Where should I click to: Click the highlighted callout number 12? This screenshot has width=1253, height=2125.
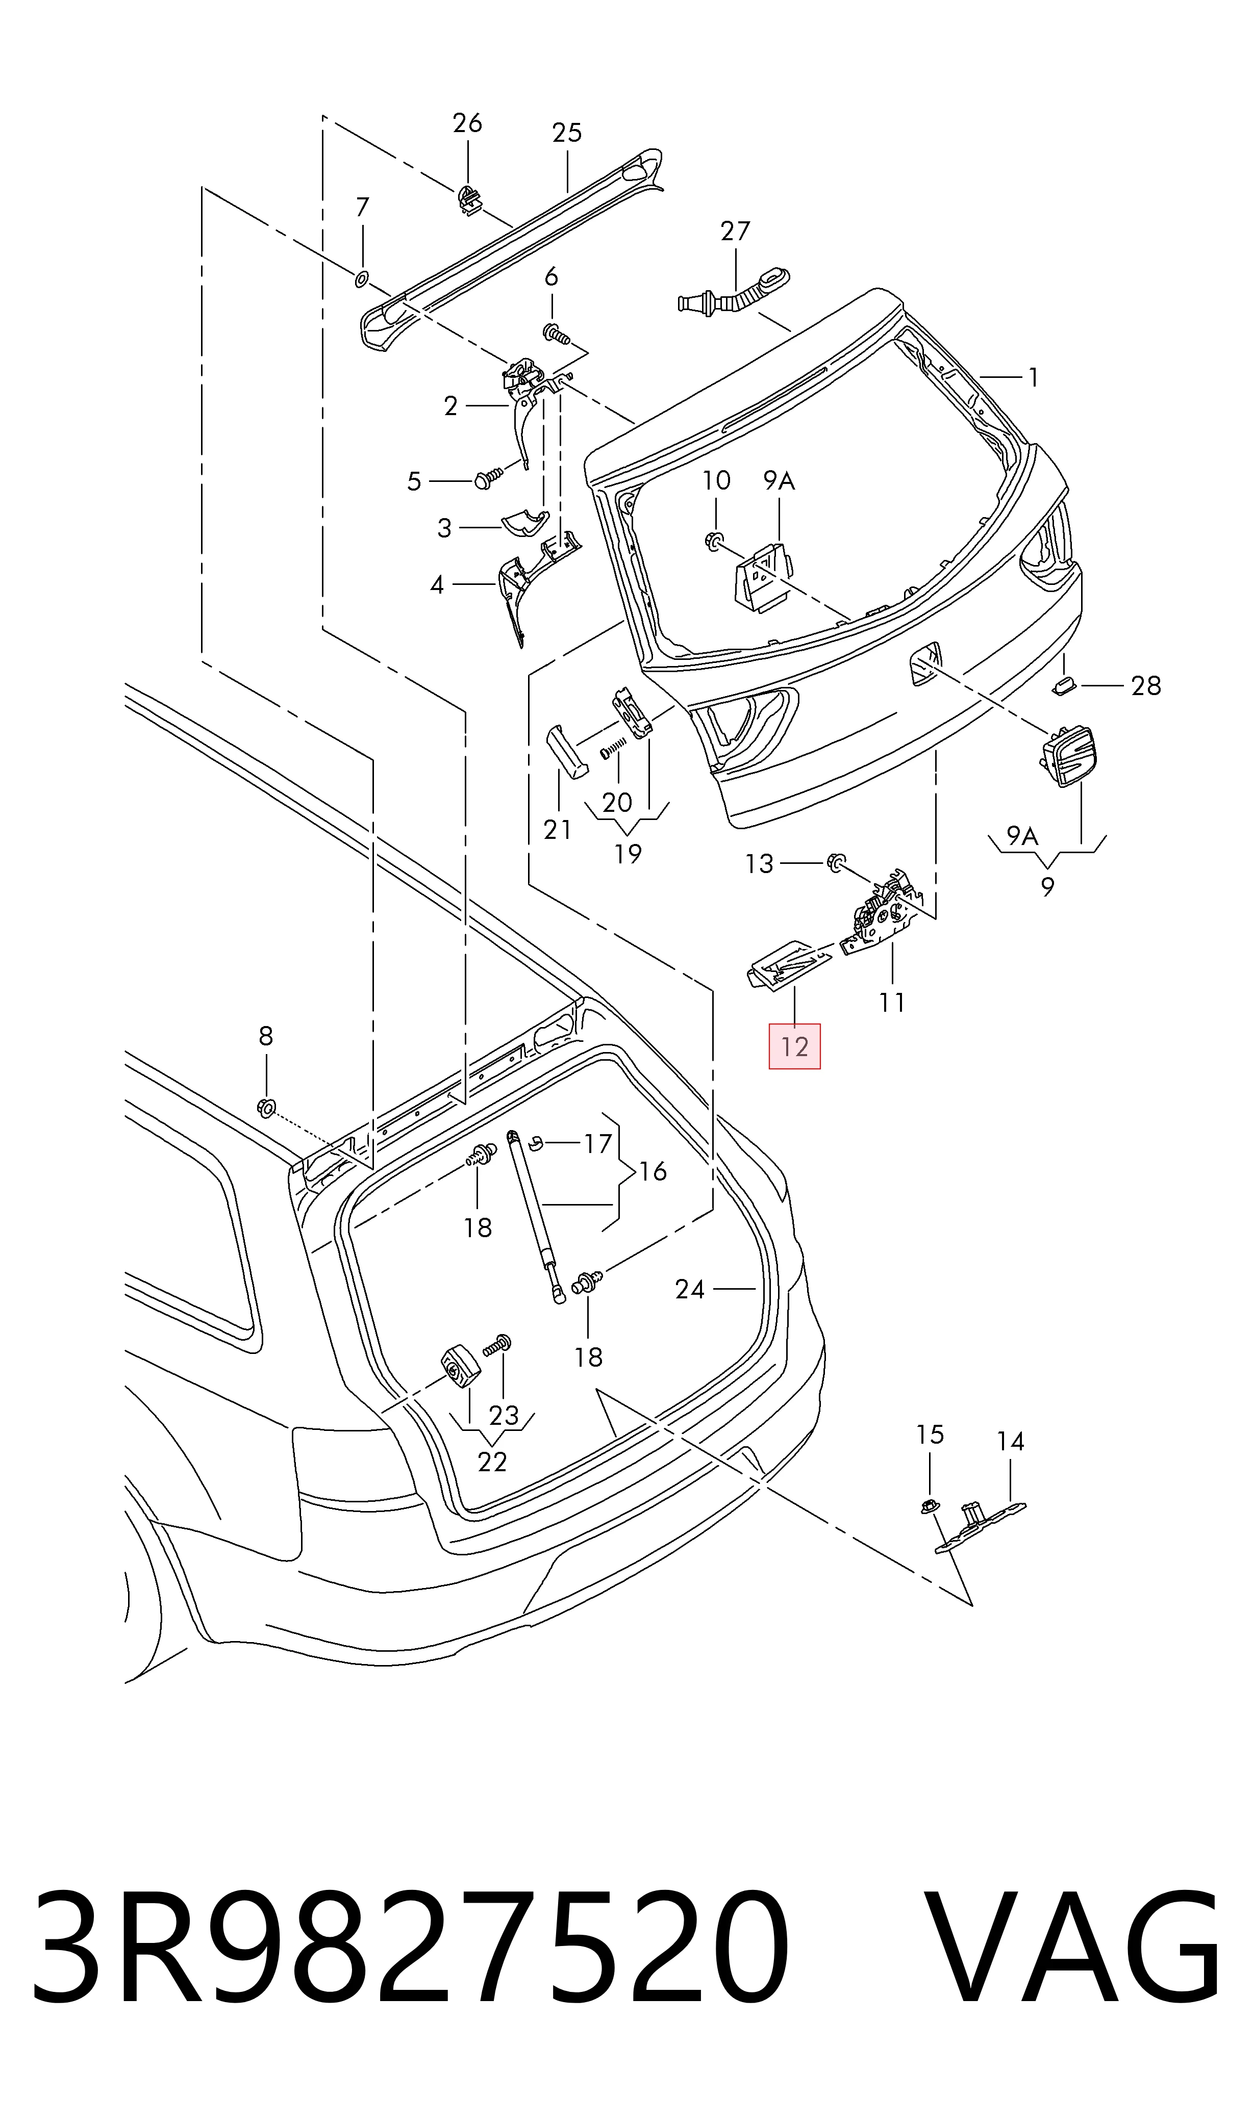[794, 1046]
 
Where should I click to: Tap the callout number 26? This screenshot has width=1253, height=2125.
[467, 123]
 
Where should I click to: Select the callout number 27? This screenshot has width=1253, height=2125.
[735, 231]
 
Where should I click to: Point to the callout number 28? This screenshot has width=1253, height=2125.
[1146, 686]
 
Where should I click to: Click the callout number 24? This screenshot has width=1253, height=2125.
[690, 1289]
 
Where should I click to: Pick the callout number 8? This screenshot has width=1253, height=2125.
[266, 1036]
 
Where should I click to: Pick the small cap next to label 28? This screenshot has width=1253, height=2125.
[1062, 684]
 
